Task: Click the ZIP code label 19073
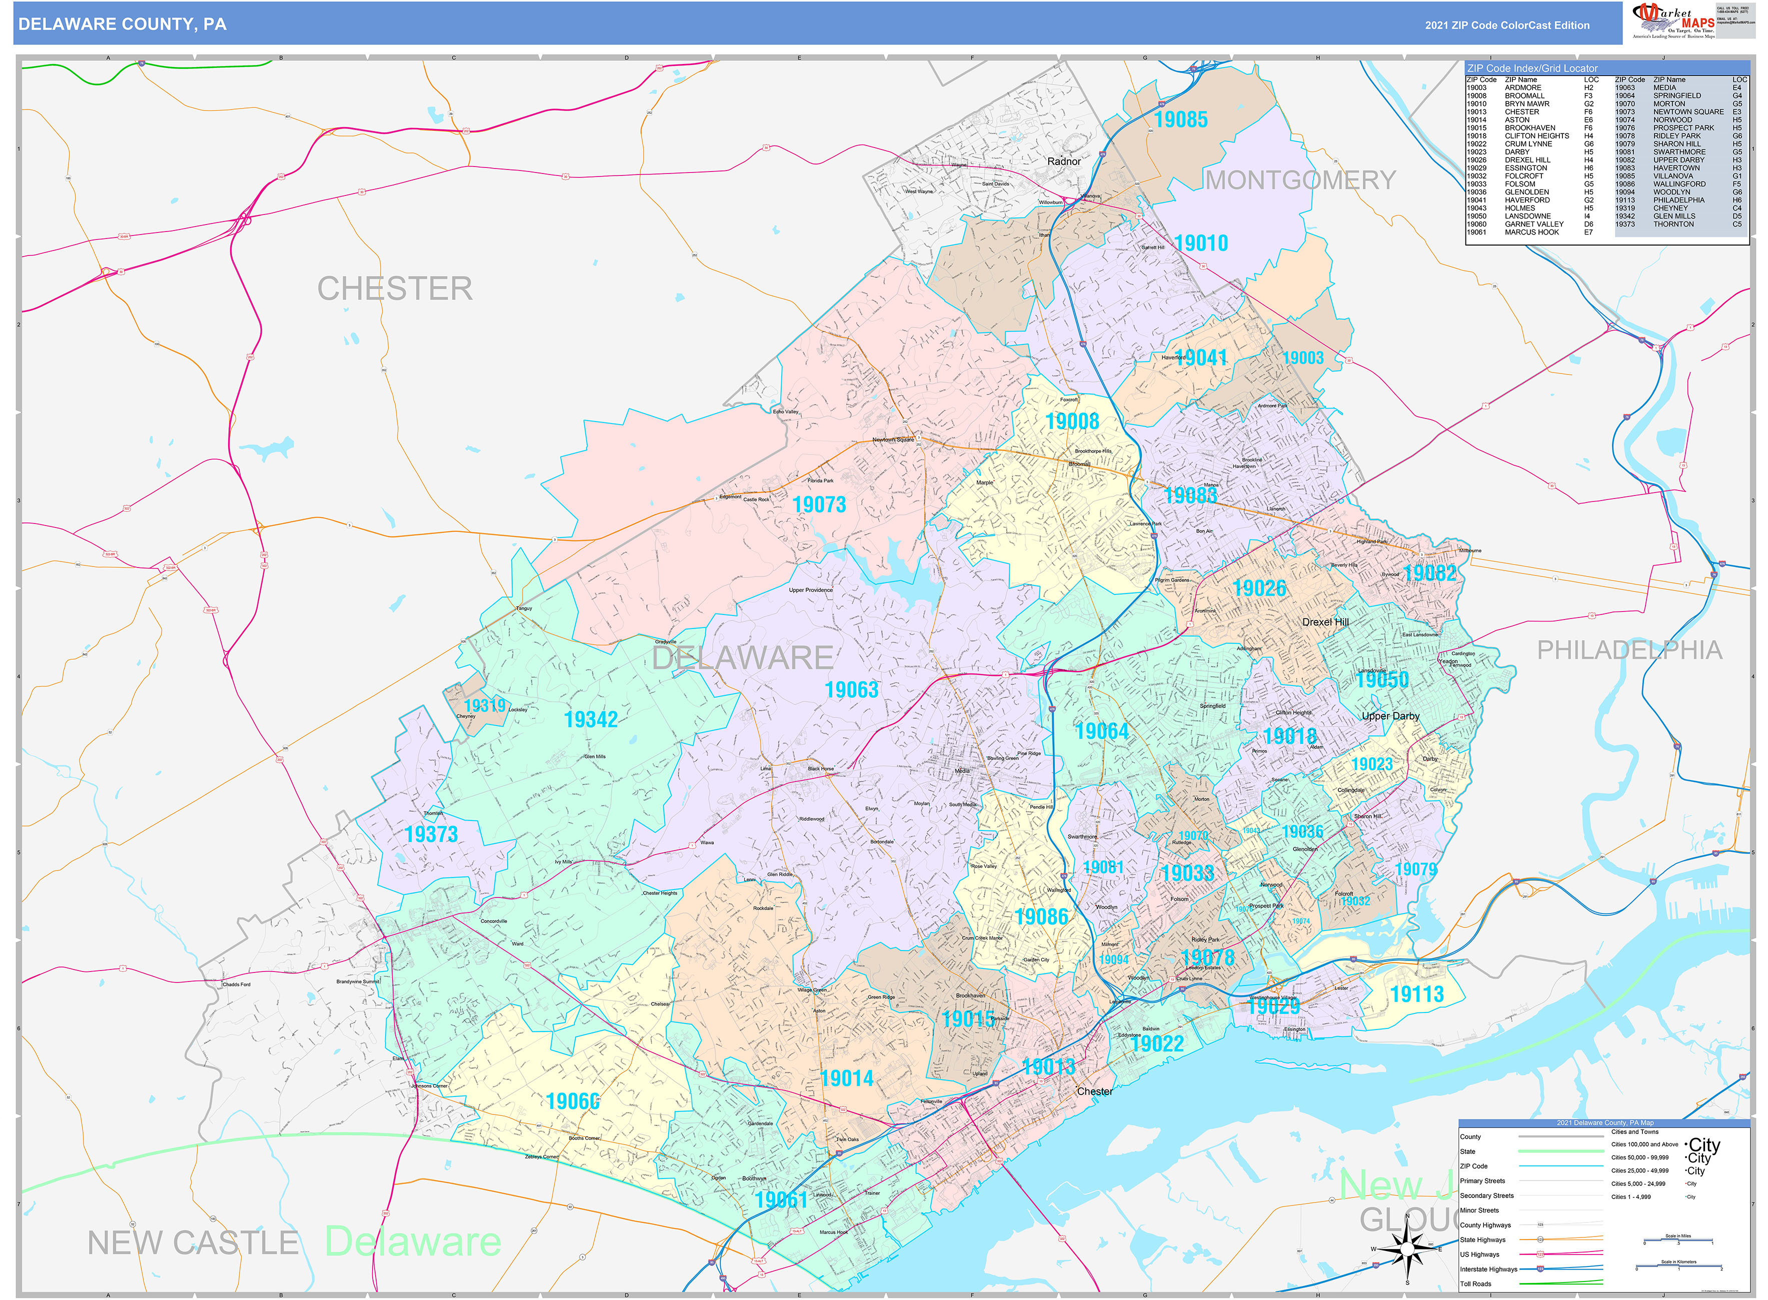pyautogui.click(x=819, y=504)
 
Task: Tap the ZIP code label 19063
pyautogui.click(x=851, y=690)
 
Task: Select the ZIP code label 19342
pyautogui.click(x=590, y=719)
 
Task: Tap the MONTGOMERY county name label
pyautogui.click(x=1300, y=180)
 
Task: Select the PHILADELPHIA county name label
pyautogui.click(x=1629, y=650)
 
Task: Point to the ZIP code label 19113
pyautogui.click(x=1417, y=994)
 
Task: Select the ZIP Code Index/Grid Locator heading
pyautogui.click(x=1530, y=68)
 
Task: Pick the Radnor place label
pyautogui.click(x=1063, y=161)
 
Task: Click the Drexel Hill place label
pyautogui.click(x=1325, y=621)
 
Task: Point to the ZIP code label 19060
pyautogui.click(x=572, y=1101)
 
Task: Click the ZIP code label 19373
pyautogui.click(x=431, y=834)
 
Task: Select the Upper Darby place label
pyautogui.click(x=1390, y=716)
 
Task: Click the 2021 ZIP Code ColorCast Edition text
pyautogui.click(x=1506, y=25)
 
